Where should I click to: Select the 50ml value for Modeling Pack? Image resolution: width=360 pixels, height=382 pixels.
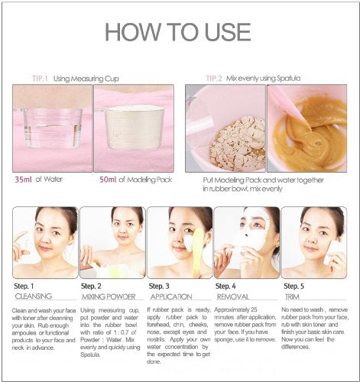[109, 180]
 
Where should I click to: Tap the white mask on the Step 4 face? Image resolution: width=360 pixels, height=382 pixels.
[251, 237]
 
